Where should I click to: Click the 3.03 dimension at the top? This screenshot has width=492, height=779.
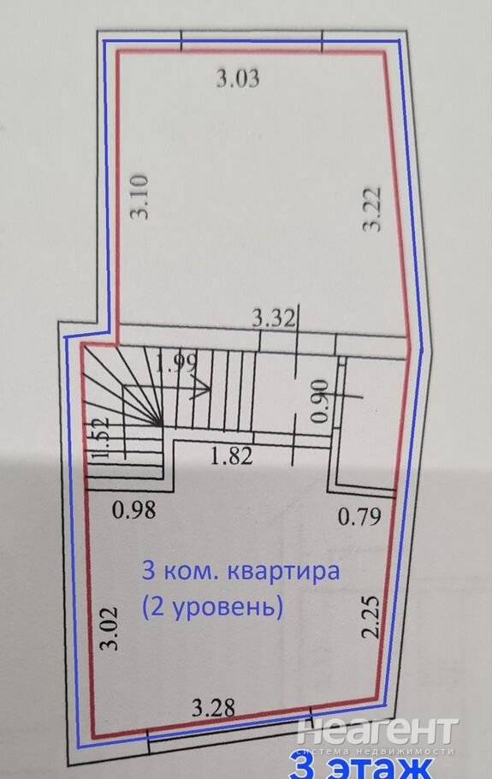(238, 79)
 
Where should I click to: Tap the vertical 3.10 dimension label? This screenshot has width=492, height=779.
(139, 196)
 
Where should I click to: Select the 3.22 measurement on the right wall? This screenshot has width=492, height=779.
(372, 209)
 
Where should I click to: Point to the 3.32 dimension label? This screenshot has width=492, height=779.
(274, 318)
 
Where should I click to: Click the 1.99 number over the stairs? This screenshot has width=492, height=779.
(177, 363)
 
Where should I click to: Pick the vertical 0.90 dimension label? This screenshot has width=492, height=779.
(320, 401)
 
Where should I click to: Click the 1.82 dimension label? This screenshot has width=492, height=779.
(232, 455)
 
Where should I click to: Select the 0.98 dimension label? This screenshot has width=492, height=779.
(134, 509)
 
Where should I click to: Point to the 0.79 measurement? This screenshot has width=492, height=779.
(360, 517)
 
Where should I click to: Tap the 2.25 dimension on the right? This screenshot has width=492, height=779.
(370, 616)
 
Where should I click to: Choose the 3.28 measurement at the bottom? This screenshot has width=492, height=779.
(213, 707)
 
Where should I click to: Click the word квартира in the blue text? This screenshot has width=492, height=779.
(283, 572)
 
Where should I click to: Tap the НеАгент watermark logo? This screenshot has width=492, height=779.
(377, 730)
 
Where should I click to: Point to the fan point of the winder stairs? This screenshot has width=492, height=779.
(160, 425)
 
